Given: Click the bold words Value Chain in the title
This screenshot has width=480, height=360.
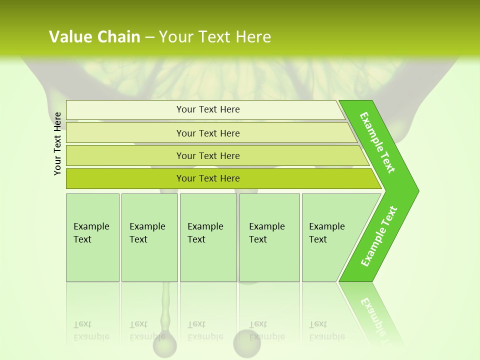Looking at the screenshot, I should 94,37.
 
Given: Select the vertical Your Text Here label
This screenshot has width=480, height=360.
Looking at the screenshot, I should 57,143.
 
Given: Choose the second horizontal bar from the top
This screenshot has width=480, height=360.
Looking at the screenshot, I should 207,133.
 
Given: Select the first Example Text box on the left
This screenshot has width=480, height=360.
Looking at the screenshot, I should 92,237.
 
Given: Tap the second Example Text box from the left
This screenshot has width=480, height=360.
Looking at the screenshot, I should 149,237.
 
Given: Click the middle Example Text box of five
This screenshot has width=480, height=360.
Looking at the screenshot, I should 208,237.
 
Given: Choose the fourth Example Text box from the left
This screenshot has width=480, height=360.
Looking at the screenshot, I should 269,237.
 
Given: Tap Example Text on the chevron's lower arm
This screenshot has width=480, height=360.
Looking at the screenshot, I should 379,236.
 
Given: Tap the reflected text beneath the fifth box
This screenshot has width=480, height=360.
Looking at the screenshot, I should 326,331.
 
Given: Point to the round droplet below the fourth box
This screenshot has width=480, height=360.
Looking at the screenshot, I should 247,342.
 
